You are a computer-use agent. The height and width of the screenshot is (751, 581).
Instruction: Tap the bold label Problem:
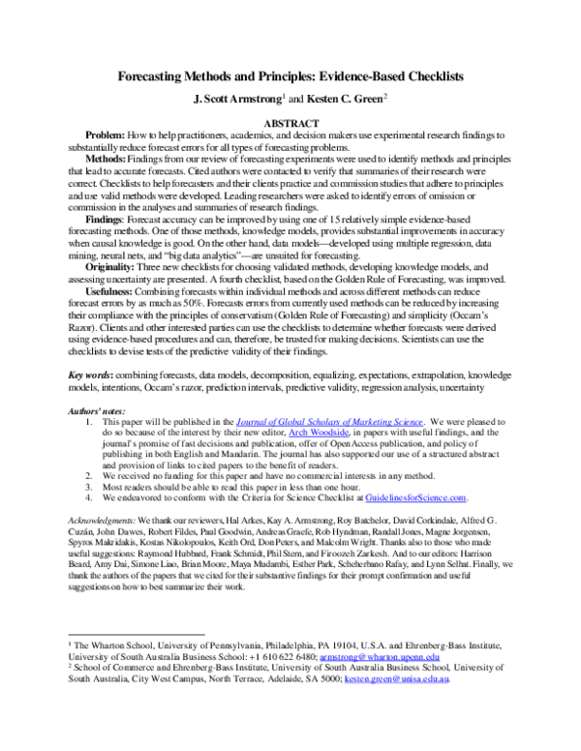pos(106,137)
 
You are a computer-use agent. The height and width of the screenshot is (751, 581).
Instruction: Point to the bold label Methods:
pos(107,158)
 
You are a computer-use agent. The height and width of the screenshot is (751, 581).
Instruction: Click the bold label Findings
pos(106,219)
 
